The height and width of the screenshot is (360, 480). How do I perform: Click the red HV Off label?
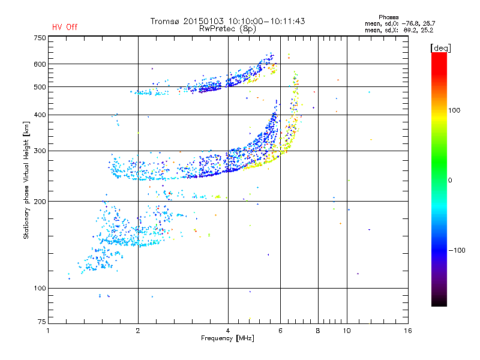[x=65, y=27]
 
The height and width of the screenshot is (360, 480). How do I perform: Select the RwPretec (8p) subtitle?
[x=227, y=29]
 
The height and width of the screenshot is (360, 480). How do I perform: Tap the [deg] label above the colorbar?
[x=440, y=48]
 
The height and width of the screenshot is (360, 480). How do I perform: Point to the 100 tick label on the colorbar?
[x=454, y=110]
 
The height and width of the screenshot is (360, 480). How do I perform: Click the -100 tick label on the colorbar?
[x=457, y=250]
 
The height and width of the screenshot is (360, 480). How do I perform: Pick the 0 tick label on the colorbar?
[x=449, y=181]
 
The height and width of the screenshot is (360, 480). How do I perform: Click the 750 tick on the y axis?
[x=40, y=38]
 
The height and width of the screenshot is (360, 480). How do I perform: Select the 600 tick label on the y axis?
[x=40, y=64]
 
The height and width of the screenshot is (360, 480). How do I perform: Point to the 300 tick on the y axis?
[x=40, y=151]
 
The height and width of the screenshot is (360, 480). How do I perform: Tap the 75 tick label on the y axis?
[x=42, y=322]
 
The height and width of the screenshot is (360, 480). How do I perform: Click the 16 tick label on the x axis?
[x=408, y=331]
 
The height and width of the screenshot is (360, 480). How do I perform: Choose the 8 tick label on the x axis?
[x=318, y=331]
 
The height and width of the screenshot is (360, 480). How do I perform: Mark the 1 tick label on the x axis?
[x=48, y=331]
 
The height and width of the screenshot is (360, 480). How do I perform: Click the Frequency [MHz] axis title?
[x=227, y=338]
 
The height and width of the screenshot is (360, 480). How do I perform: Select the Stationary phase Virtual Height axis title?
[x=26, y=181]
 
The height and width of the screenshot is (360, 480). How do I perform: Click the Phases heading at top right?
[x=388, y=17]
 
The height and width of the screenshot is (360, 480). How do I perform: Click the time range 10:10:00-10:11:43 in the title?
[x=266, y=21]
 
